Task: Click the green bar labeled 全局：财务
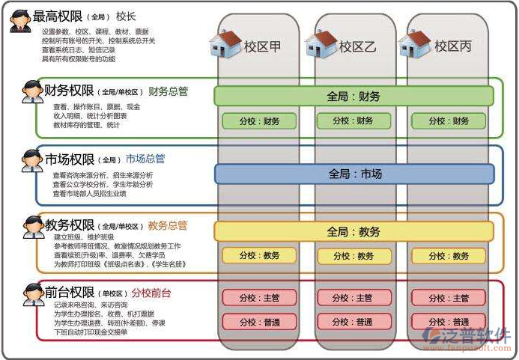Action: click(353, 96)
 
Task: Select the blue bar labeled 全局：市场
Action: click(354, 174)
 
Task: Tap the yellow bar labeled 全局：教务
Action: click(354, 231)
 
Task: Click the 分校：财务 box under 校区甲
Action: click(260, 120)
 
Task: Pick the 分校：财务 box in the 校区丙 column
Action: click(449, 120)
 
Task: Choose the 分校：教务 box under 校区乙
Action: click(354, 256)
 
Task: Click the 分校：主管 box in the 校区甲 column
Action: click(260, 298)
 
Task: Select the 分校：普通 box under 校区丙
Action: click(449, 322)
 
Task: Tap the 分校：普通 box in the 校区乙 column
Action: click(354, 322)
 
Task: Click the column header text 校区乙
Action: click(357, 46)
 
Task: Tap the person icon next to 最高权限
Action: click(19, 20)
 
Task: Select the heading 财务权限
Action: click(69, 91)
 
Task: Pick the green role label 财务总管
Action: click(168, 91)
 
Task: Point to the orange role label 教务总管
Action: click(168, 225)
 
